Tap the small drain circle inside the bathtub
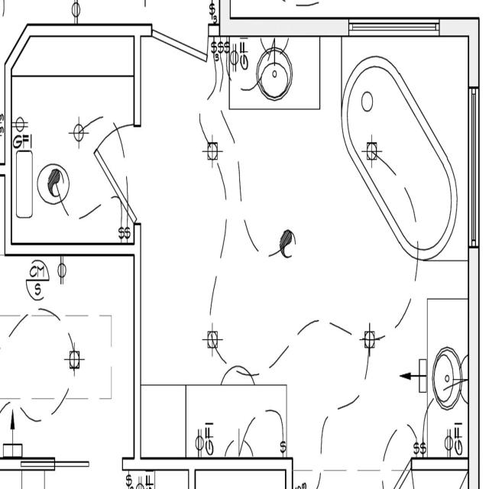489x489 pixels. [x=367, y=101]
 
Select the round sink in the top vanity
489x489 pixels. [x=274, y=73]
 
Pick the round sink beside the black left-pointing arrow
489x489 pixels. [x=448, y=377]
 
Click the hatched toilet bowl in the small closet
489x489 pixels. [x=53, y=183]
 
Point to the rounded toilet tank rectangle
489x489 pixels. [x=24, y=184]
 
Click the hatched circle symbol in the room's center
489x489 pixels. [x=287, y=243]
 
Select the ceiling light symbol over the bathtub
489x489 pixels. [x=371, y=150]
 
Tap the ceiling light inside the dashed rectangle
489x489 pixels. [x=74, y=359]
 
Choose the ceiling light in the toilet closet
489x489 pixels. [x=78, y=132]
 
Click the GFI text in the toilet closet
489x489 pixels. [x=21, y=141]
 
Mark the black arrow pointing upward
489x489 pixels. [x=12, y=424]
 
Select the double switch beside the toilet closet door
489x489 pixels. [x=125, y=232]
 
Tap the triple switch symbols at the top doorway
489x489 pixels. [x=221, y=47]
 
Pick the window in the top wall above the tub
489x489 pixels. [x=393, y=28]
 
